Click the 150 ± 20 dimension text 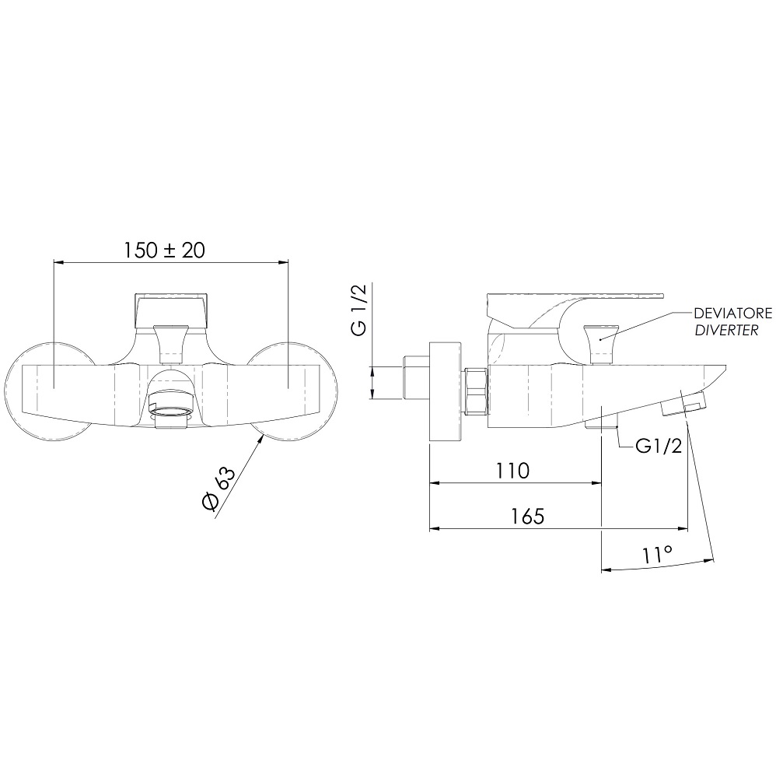point(163,251)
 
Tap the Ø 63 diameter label point(218,489)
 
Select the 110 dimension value point(513,471)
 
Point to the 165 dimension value point(528,517)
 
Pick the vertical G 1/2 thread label point(359,310)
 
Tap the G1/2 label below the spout point(659,447)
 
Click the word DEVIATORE point(733,314)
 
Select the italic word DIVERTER point(726,331)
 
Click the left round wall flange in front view point(48,391)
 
